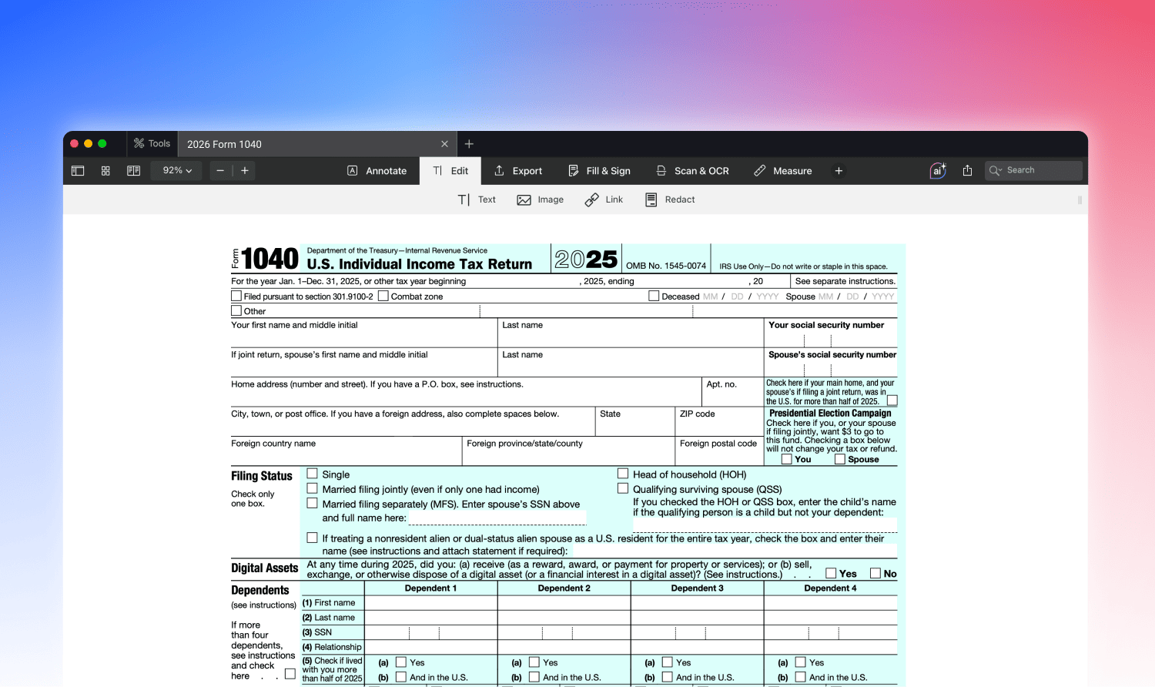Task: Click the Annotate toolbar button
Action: [377, 171]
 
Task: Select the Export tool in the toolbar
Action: [518, 171]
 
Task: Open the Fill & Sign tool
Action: [599, 171]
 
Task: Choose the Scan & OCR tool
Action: [692, 171]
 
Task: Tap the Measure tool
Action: [782, 171]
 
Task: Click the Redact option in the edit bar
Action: [670, 199]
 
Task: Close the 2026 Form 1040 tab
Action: [444, 144]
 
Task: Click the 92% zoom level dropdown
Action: [177, 171]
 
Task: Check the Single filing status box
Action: [313, 474]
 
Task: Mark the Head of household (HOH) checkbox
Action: [623, 474]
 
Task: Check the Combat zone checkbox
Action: [383, 296]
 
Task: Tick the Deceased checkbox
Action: [654, 296]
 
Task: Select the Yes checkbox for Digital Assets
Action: [831, 573]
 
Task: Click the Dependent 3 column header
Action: [697, 588]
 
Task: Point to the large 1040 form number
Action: [269, 259]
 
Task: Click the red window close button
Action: [75, 143]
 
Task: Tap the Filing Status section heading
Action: [262, 476]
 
